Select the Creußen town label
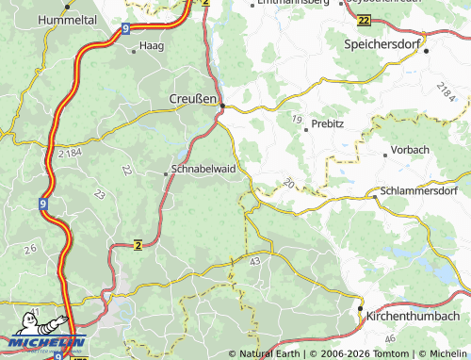tap(192, 99)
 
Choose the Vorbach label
tap(411, 150)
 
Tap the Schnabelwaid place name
tap(203, 172)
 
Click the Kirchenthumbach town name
tap(415, 317)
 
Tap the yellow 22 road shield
tap(364, 19)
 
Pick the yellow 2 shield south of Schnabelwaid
tap(138, 245)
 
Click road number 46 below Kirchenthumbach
tap(391, 336)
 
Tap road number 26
tap(30, 248)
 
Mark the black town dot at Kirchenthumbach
tap(359, 308)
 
